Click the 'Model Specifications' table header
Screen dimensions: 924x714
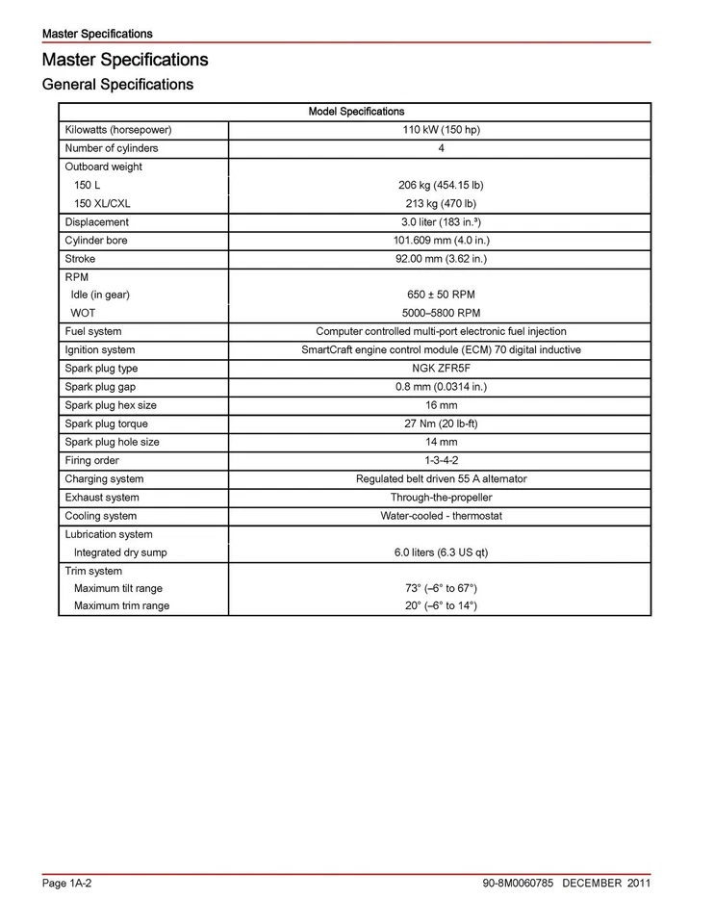coord(356,112)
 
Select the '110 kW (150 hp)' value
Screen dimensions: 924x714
coord(441,130)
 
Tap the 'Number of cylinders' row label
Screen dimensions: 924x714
coord(112,148)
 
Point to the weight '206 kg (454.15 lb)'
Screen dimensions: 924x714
coord(441,185)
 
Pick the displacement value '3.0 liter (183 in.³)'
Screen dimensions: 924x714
coord(441,222)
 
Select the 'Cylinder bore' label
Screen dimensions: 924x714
coord(96,241)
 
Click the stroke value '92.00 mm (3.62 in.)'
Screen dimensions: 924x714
coord(441,259)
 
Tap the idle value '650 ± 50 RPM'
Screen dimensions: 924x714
coord(441,295)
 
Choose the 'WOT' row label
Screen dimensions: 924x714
coord(84,313)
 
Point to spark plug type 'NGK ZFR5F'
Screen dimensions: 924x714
coord(441,369)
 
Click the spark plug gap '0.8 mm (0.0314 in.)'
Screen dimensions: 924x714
coord(441,387)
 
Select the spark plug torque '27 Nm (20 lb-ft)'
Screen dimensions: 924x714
coord(441,423)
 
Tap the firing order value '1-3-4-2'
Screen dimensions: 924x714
coord(441,460)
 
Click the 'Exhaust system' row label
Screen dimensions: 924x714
coord(102,498)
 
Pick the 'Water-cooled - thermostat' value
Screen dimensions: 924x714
coord(441,516)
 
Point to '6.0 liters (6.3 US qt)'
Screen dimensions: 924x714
coord(441,552)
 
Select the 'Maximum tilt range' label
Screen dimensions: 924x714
coord(118,588)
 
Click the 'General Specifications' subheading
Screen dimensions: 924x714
coord(117,85)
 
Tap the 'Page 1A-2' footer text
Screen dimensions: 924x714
coord(67,884)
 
